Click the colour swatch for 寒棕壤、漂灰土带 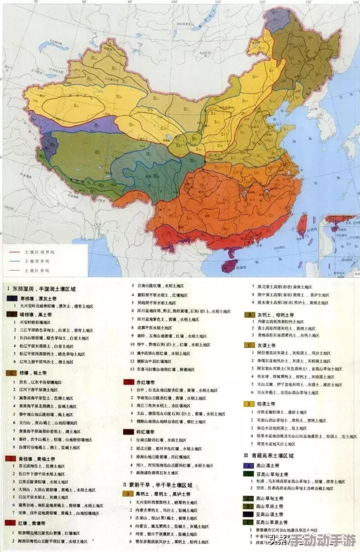tap(12, 297)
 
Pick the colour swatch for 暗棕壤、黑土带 tap(12, 313)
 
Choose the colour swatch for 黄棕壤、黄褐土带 tap(12, 457)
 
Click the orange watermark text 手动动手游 tap(322, 541)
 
